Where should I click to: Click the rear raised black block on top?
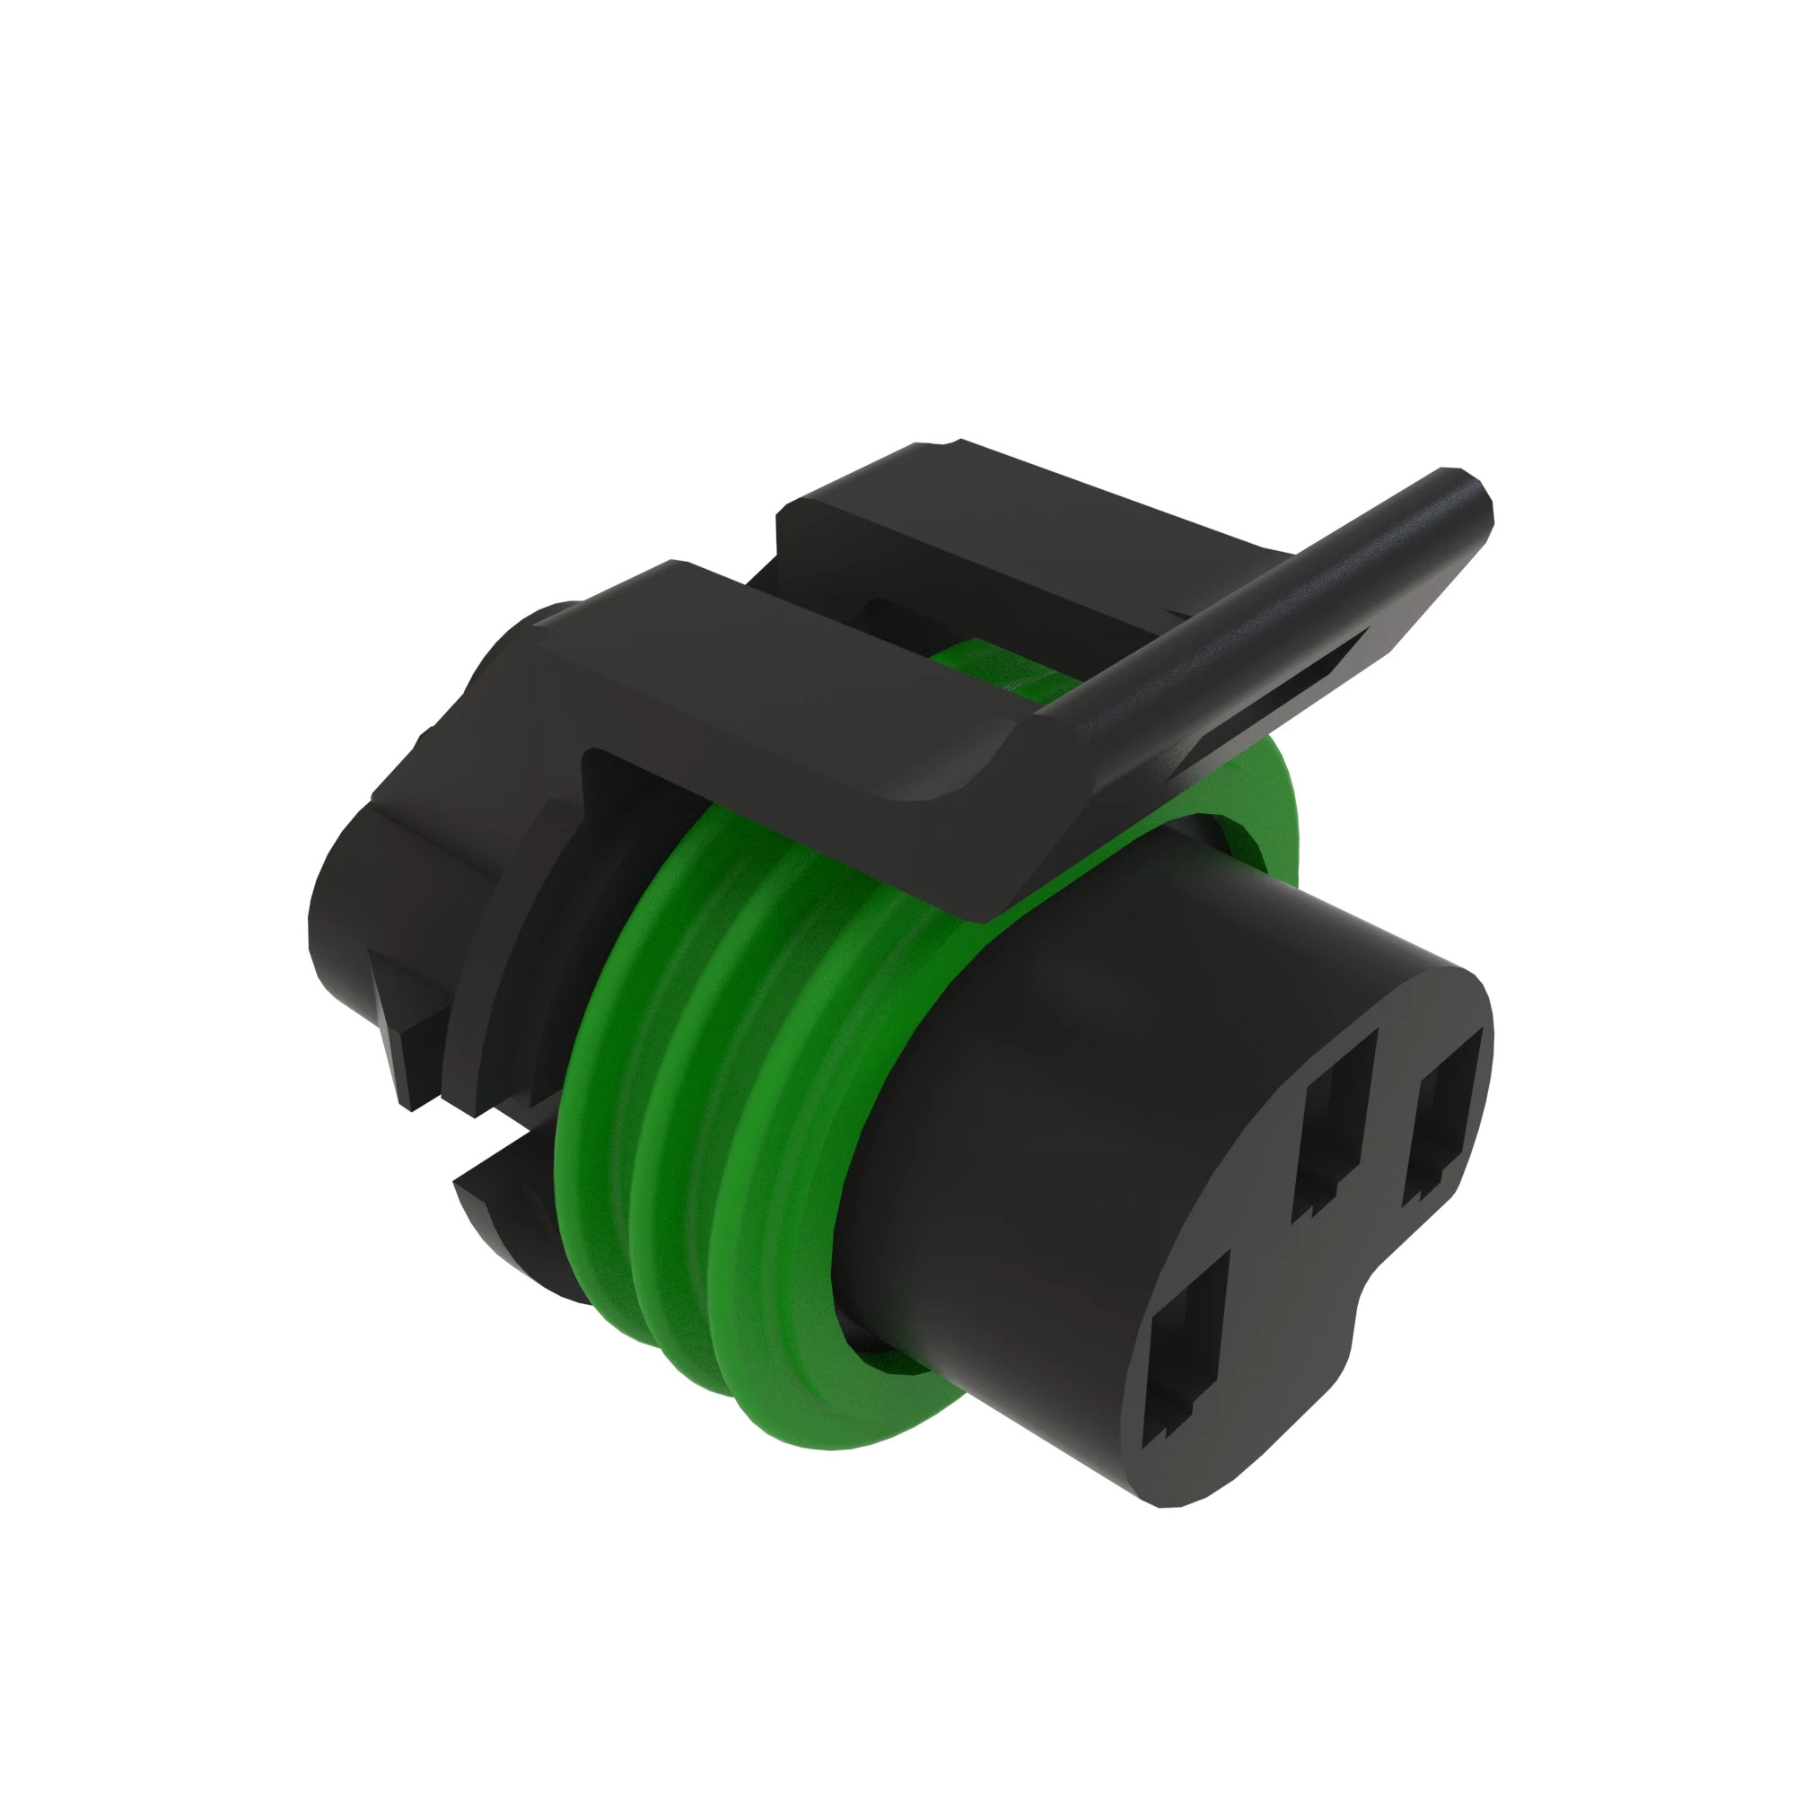(x=976, y=521)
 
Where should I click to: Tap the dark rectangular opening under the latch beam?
(x=623, y=790)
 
